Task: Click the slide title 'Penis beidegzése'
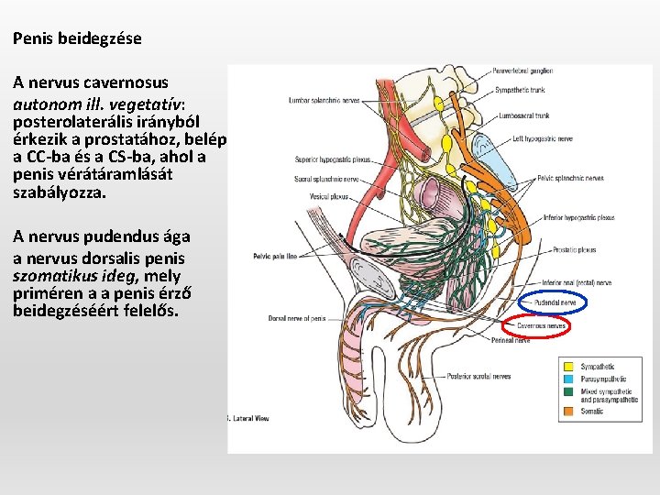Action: point(77,39)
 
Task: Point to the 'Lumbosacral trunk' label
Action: point(525,116)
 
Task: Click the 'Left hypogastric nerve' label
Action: point(543,138)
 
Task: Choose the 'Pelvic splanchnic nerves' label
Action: point(570,179)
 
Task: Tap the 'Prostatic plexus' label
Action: point(575,249)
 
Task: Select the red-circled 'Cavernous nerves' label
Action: point(541,325)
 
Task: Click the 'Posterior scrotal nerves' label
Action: point(478,376)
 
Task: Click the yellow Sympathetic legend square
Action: point(568,367)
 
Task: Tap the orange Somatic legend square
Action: point(568,411)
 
